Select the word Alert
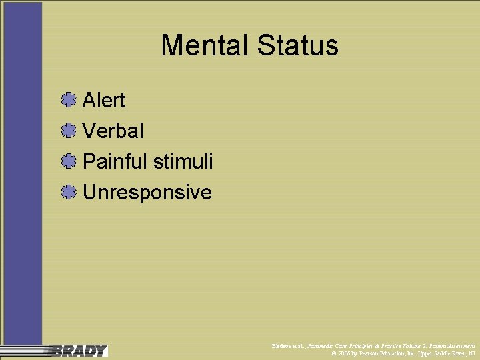click(104, 101)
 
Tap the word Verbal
click(113, 131)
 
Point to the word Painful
click(115, 162)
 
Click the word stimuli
click(183, 162)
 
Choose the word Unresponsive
click(147, 193)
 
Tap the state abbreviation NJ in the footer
click(472, 353)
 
